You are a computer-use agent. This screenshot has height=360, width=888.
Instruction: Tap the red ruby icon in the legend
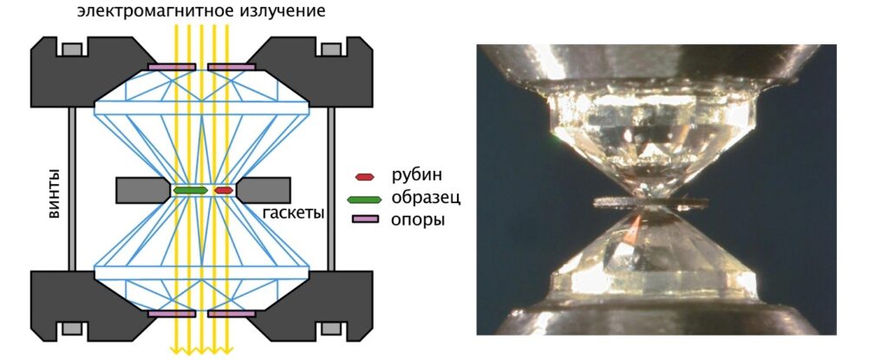(x=365, y=176)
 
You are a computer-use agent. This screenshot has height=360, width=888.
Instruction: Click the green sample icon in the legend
(x=365, y=199)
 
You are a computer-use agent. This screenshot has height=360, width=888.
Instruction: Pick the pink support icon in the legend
(x=365, y=220)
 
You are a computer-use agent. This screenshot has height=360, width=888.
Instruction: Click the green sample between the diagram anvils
(x=191, y=189)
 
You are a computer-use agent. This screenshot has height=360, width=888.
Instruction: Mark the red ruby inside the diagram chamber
(x=224, y=189)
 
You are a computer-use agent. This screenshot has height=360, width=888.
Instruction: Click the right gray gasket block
(x=264, y=189)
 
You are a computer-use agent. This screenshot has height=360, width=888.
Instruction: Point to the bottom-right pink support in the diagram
(x=231, y=312)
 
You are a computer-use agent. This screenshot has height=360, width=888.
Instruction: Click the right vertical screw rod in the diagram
(x=330, y=189)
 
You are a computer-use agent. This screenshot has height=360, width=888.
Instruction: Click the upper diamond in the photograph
(x=649, y=130)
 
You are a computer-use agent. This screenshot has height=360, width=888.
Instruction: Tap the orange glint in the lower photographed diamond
(x=636, y=229)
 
